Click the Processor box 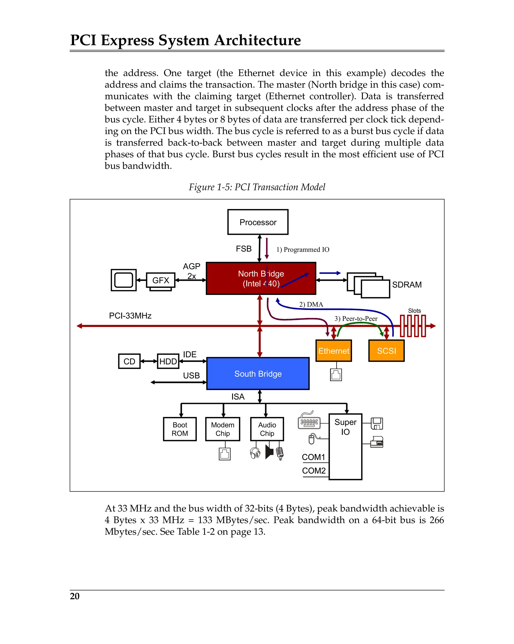tap(258, 222)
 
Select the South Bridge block tap(258, 373)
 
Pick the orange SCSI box tap(386, 351)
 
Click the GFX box tap(161, 280)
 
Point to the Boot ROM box tap(180, 429)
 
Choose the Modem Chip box tap(223, 429)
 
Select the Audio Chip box tap(267, 429)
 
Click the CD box tap(129, 361)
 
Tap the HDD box tap(168, 361)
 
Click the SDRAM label tap(407, 285)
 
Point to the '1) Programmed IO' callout tap(303, 249)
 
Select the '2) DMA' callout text tap(311, 304)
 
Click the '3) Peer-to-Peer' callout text tap(356, 318)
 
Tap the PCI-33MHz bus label tap(130, 316)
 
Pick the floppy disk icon tap(377, 423)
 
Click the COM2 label tap(314, 471)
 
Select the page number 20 tap(75, 596)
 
